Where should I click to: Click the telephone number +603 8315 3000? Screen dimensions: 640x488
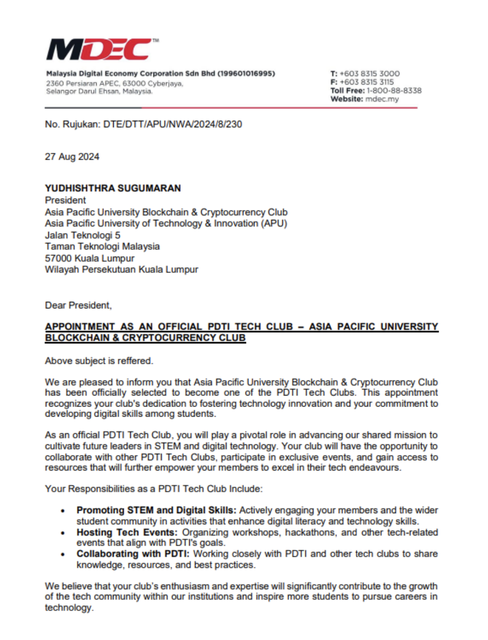click(369, 73)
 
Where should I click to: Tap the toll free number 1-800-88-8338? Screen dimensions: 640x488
click(394, 91)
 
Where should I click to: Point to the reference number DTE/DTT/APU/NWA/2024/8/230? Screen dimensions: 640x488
click(173, 124)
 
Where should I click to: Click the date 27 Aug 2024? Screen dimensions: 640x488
click(72, 157)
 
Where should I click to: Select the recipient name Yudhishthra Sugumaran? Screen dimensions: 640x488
click(113, 188)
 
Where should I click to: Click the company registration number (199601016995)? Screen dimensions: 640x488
click(246, 73)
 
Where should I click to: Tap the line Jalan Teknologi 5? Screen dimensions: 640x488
click(83, 235)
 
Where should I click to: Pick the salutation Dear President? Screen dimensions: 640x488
click(78, 305)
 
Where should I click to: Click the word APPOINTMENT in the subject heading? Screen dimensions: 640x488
click(79, 327)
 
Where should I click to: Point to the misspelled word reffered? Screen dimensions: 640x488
click(134, 361)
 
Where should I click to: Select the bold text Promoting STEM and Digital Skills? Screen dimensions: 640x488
click(156, 510)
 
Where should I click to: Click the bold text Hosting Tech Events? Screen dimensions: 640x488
click(127, 532)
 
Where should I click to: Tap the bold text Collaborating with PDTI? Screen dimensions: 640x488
click(133, 554)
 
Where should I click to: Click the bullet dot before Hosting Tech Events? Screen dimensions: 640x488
click(63, 533)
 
